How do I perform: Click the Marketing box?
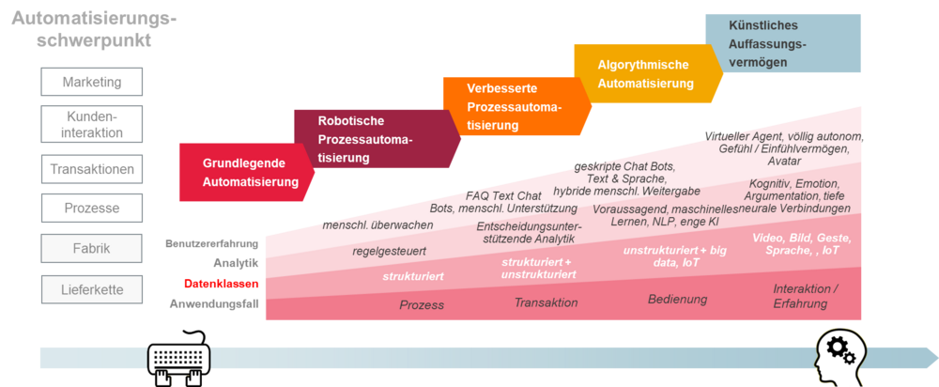point(92,82)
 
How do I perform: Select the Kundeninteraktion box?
point(92,124)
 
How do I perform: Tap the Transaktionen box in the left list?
point(92,170)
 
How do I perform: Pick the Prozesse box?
point(92,208)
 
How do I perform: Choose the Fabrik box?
point(92,249)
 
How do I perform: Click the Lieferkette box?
point(92,289)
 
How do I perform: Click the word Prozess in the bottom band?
point(422,305)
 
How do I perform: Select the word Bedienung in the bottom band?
point(677,300)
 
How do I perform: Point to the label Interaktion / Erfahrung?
point(805,296)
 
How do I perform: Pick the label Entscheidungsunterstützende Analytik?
point(529,233)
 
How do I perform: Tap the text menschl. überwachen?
point(377,225)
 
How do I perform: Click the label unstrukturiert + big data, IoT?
point(674,256)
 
